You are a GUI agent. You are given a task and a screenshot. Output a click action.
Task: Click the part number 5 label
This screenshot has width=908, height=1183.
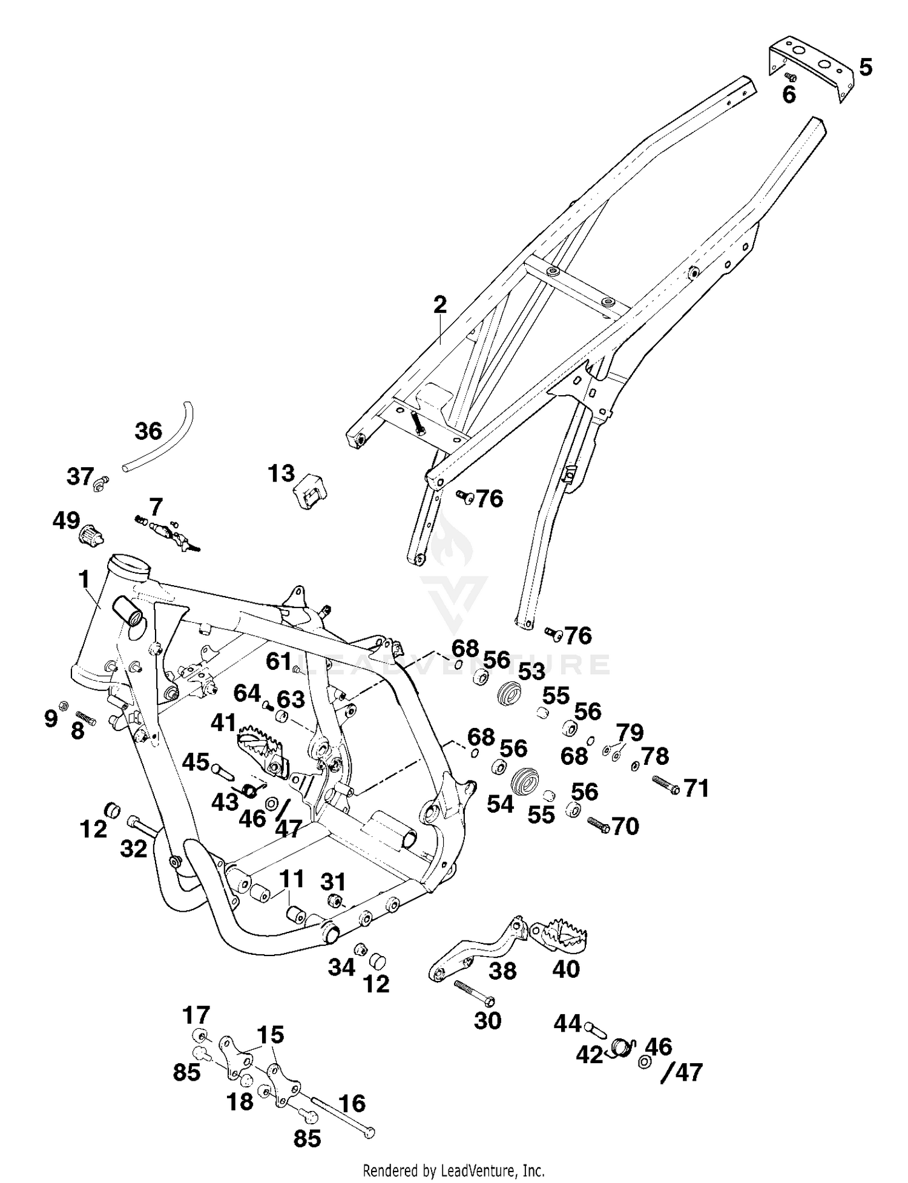(x=866, y=67)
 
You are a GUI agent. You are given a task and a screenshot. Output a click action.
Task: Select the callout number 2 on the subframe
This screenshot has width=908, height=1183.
(x=440, y=304)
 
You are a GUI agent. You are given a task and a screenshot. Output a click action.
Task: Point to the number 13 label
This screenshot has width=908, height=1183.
(x=281, y=474)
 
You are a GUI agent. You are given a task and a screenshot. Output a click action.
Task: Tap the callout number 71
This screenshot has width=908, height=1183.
(x=696, y=788)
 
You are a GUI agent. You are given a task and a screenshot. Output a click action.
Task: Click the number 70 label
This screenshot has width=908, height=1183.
(x=625, y=826)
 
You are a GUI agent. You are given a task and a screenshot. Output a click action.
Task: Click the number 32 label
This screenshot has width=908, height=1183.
(x=134, y=849)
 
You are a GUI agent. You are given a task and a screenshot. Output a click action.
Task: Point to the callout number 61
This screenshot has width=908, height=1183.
(x=279, y=661)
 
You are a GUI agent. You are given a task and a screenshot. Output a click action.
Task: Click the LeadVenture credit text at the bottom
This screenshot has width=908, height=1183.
(x=453, y=1170)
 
